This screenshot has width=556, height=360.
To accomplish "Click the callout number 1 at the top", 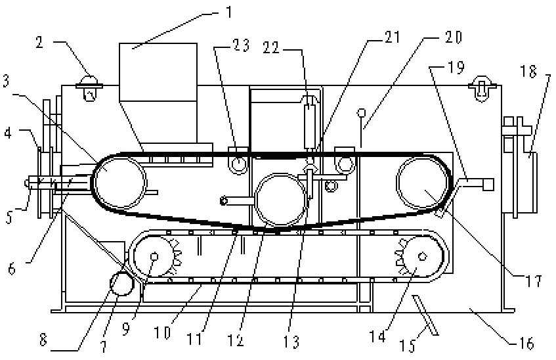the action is (228, 12).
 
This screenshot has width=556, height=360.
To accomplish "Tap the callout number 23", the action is (241, 45).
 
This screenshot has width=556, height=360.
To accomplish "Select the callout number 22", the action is (271, 47).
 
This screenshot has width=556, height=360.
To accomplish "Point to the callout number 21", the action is (392, 37).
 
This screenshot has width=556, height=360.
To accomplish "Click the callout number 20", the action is (454, 37).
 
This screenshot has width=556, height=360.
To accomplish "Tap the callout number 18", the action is (528, 72).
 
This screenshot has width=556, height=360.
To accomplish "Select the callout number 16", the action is (526, 344).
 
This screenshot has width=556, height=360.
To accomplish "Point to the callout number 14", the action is (377, 336).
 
